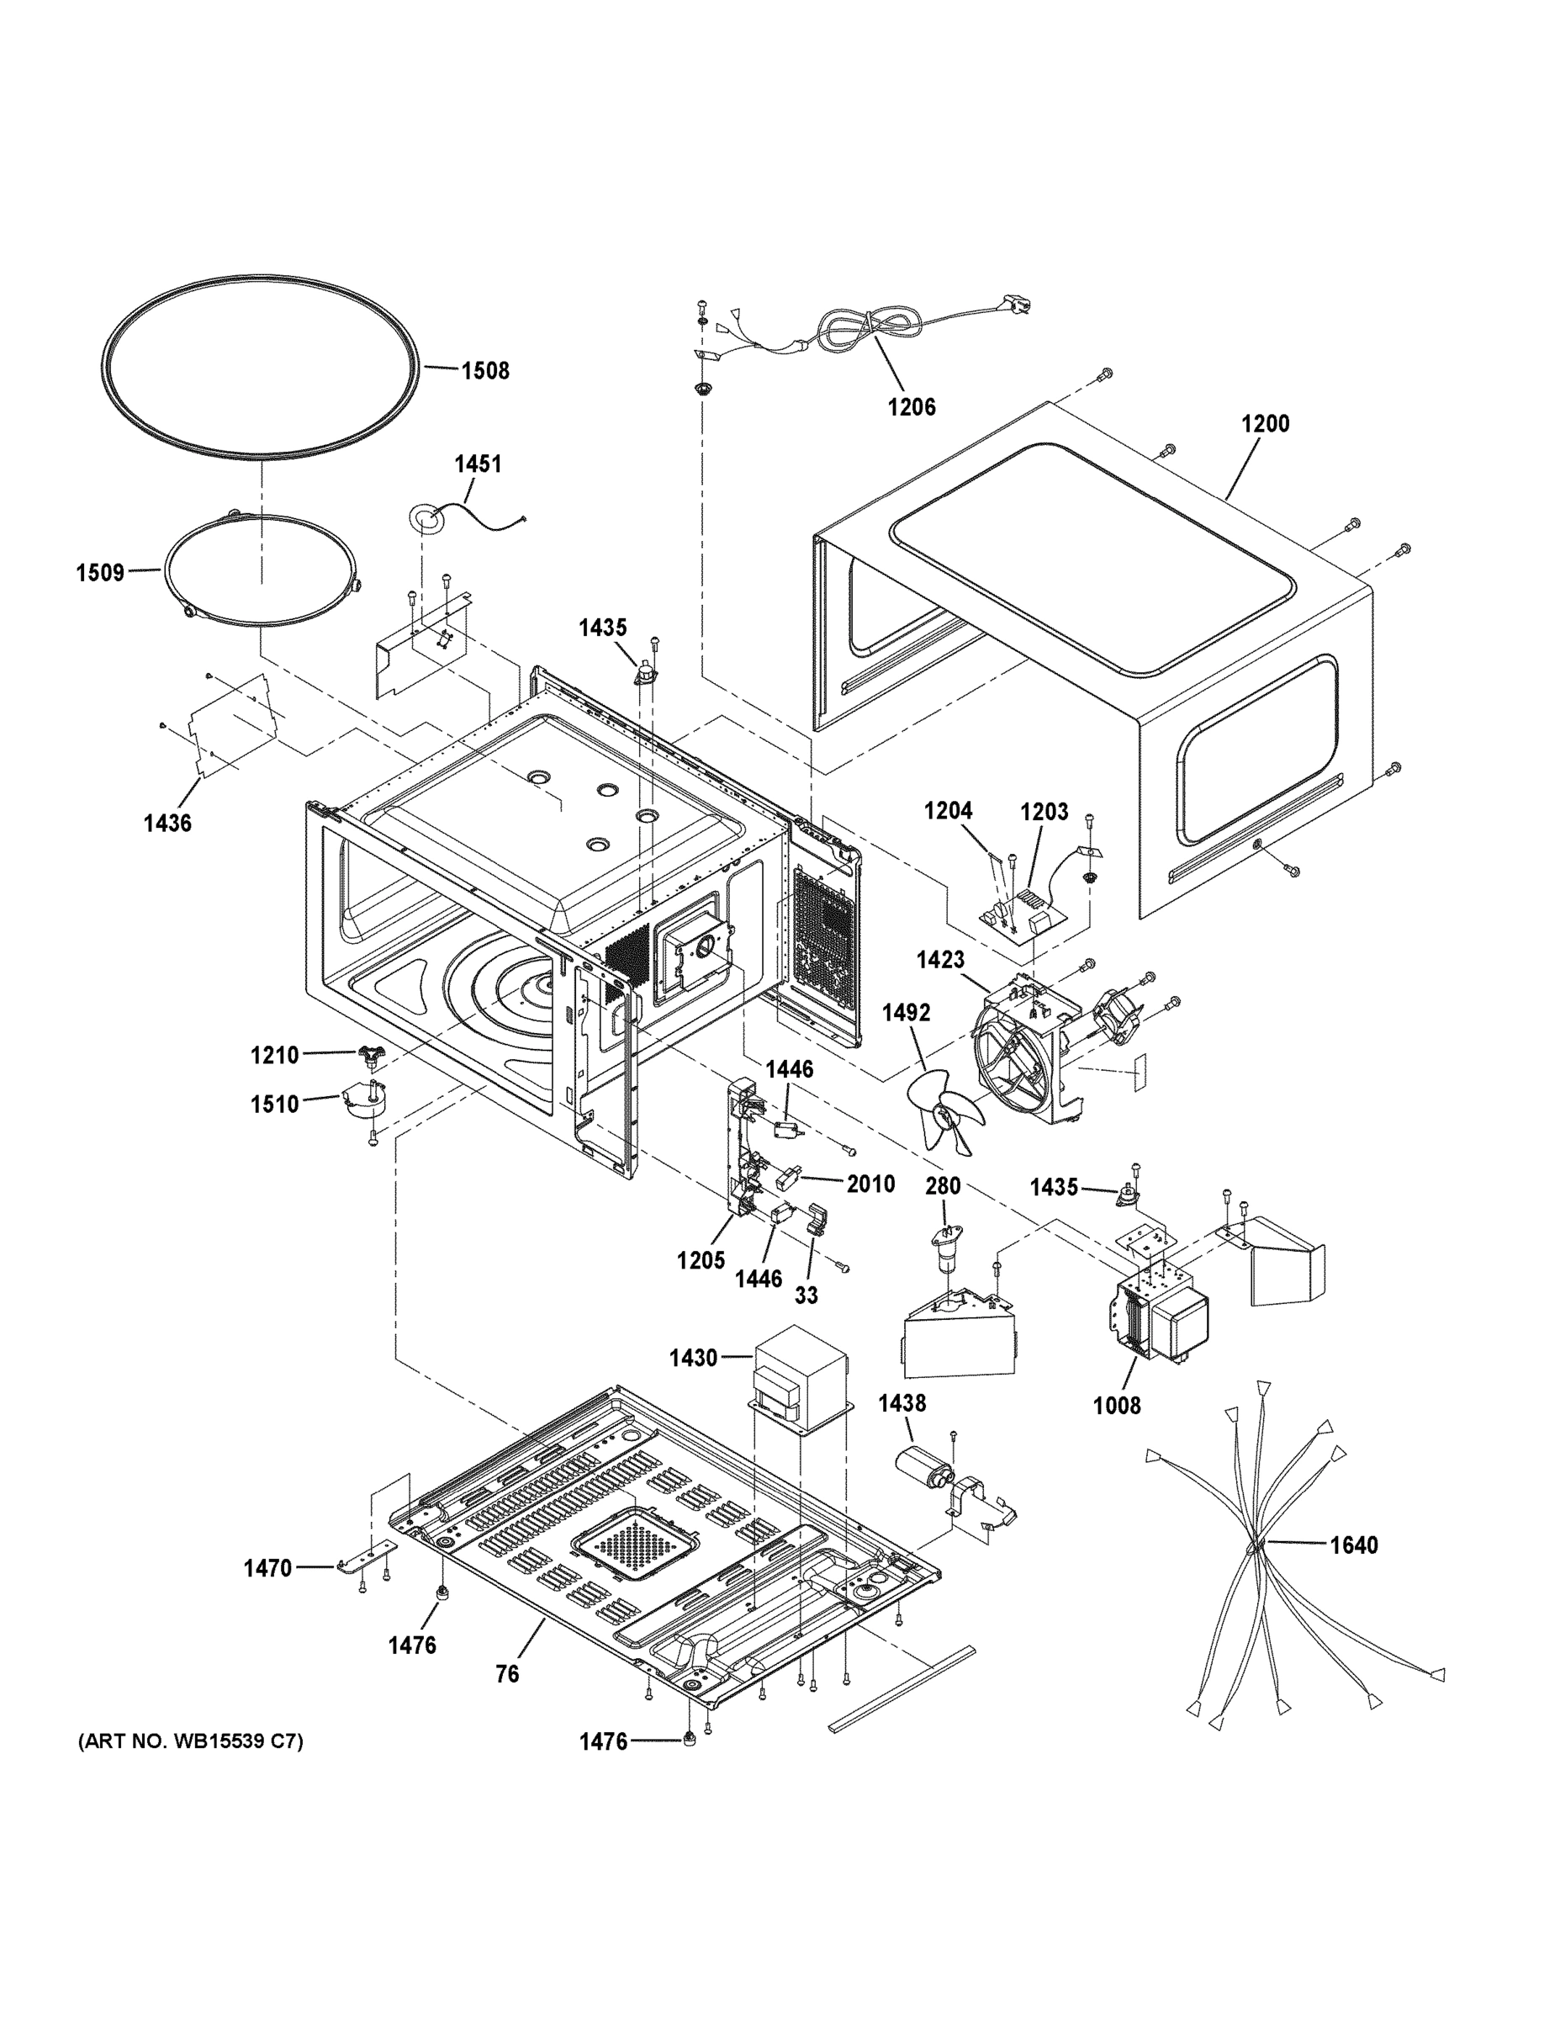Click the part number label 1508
[485, 371]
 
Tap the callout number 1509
[100, 572]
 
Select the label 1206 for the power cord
[912, 407]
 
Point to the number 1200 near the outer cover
[1265, 423]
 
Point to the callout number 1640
[1354, 1545]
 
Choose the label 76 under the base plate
[507, 1673]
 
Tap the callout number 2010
[870, 1184]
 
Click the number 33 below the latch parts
[806, 1296]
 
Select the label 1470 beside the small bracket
[268, 1568]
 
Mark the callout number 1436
[167, 823]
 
